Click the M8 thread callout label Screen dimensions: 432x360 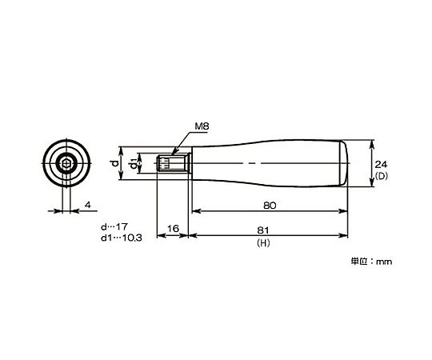pos(202,126)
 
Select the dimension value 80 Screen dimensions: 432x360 pos(270,206)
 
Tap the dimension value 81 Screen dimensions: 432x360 pos(262,230)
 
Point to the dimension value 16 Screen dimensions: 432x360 pos(173,228)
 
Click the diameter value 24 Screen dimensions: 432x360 pos(382,165)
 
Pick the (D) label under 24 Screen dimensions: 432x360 pos(382,176)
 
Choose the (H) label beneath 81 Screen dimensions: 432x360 pos(263,243)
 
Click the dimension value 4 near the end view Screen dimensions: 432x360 pos(88,205)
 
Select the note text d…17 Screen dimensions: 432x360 pos(114,227)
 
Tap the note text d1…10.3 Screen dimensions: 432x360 pos(122,238)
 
